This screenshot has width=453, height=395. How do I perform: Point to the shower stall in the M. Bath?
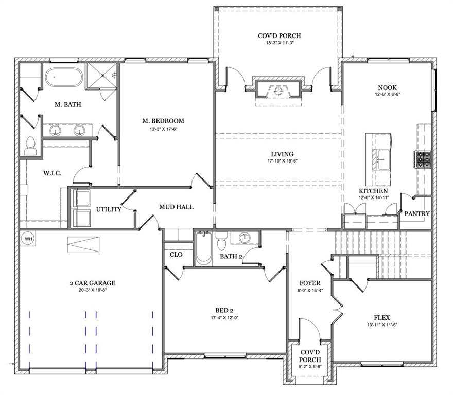click(x=101, y=77)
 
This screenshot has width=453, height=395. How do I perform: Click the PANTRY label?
click(x=417, y=213)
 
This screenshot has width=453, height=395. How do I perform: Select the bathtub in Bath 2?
click(x=203, y=249)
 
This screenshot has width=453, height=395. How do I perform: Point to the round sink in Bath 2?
click(x=245, y=238)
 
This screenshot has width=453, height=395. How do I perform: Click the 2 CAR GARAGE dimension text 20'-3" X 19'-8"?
click(x=92, y=290)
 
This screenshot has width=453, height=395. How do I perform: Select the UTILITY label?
click(x=109, y=209)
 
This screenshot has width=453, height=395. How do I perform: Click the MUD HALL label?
click(x=176, y=207)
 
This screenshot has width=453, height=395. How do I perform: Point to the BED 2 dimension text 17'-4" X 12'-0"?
click(x=224, y=317)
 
